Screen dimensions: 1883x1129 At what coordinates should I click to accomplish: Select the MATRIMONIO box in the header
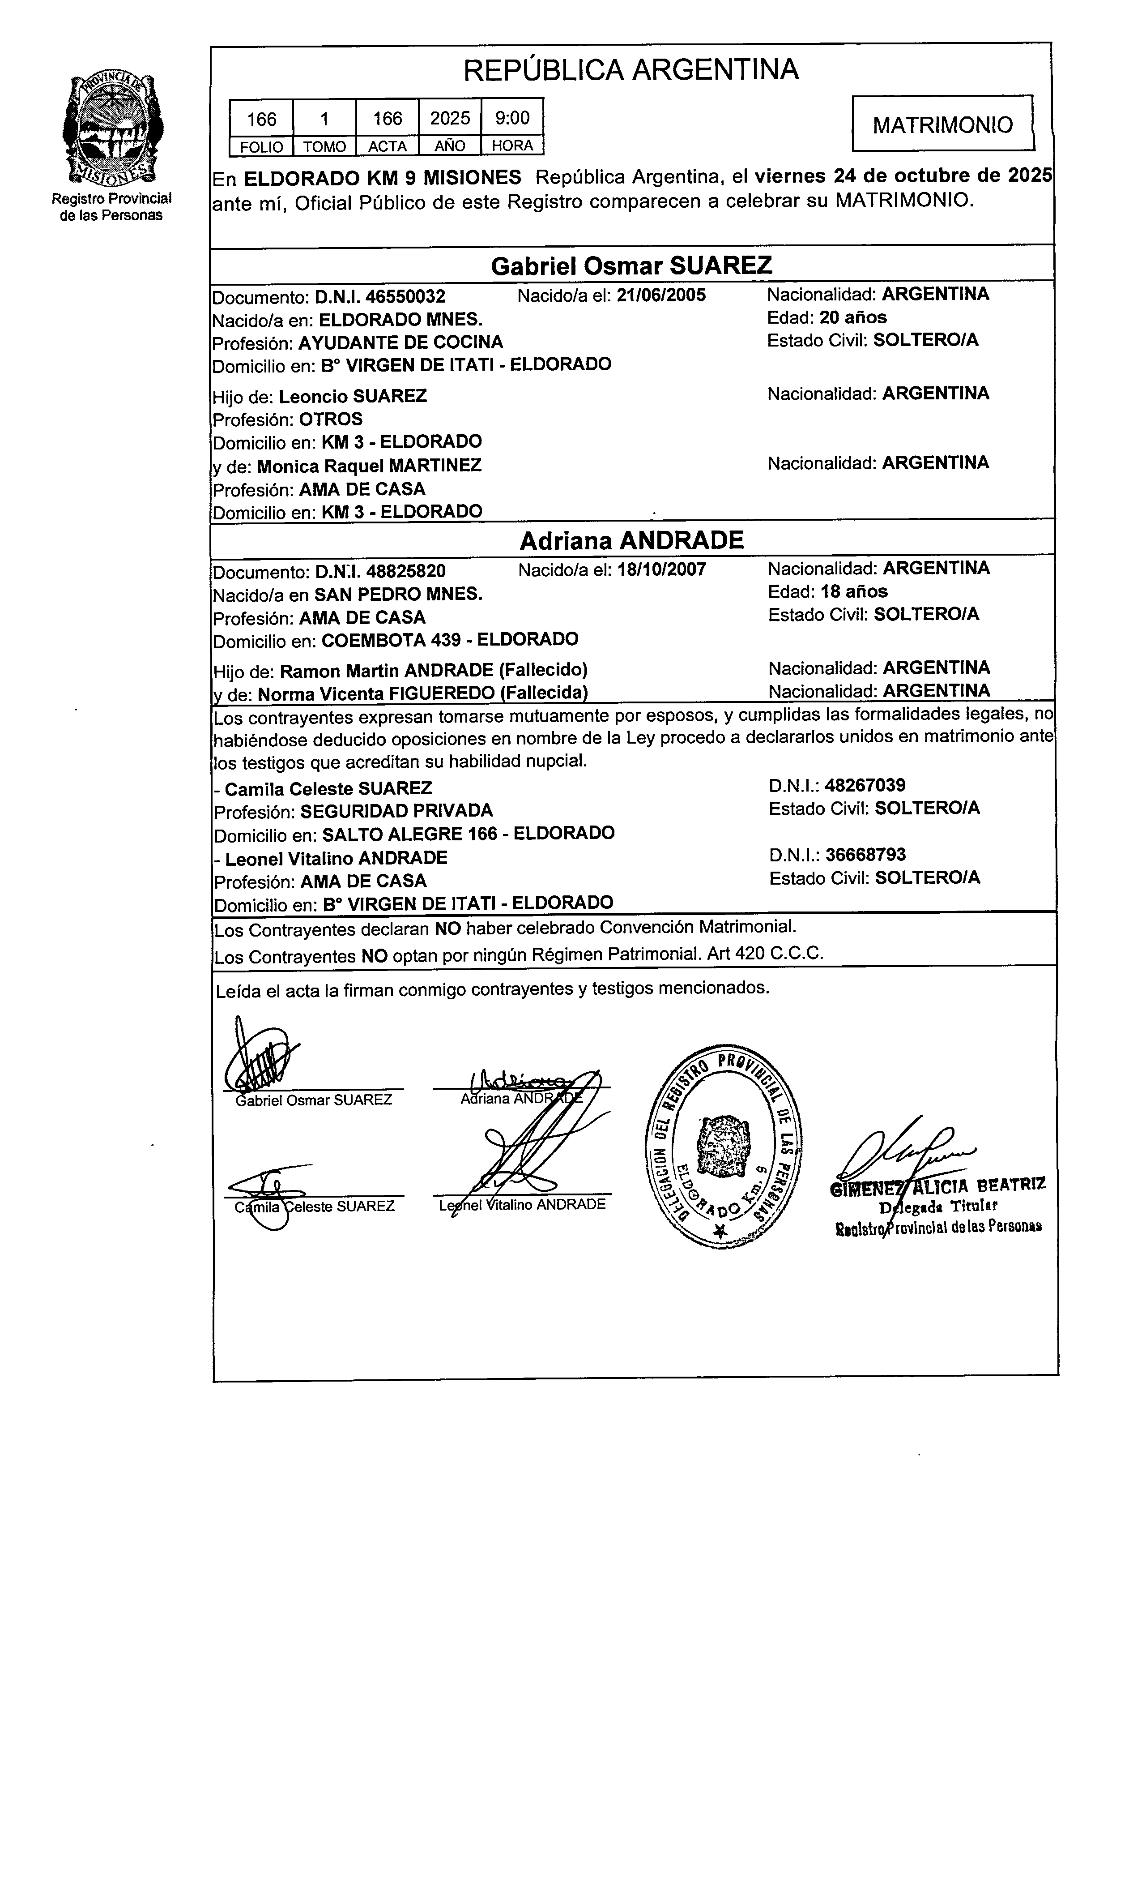coord(942,124)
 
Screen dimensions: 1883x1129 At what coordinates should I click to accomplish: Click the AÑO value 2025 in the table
coord(450,118)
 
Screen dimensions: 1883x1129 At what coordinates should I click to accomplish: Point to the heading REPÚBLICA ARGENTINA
coord(631,70)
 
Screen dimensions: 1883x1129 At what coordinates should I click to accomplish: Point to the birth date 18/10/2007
coord(661,569)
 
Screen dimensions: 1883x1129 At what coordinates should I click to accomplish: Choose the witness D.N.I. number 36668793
coord(865,855)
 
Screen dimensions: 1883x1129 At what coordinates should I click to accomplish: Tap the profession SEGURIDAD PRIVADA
coord(396,811)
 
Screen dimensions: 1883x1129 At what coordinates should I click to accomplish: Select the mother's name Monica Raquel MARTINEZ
coord(369,465)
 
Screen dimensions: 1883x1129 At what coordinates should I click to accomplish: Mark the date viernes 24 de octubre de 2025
coord(903,176)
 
